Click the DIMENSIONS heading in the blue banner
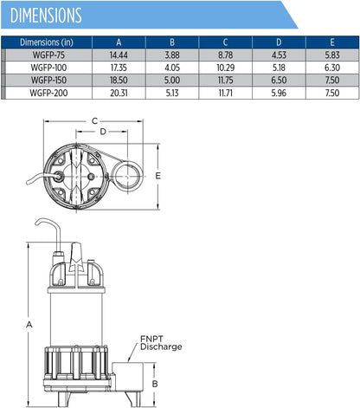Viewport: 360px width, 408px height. (x=46, y=16)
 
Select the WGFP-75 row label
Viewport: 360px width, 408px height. (x=48, y=55)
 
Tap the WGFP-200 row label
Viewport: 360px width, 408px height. (x=48, y=93)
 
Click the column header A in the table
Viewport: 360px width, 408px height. (x=119, y=42)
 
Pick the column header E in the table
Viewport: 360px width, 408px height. (x=332, y=42)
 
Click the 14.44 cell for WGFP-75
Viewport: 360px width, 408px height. (x=119, y=55)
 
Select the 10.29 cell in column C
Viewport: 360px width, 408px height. (x=226, y=68)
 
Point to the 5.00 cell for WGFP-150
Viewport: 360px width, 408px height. (x=172, y=81)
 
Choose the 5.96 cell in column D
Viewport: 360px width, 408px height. (x=279, y=93)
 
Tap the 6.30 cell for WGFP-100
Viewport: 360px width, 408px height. (x=332, y=68)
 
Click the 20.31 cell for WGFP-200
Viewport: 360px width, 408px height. (x=119, y=93)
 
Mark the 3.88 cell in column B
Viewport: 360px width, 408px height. (x=172, y=55)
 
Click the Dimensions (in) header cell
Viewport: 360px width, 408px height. (x=47, y=42)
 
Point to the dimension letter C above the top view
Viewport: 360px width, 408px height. (x=94, y=121)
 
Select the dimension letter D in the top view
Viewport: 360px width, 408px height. (x=103, y=132)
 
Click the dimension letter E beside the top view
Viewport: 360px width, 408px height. (x=157, y=176)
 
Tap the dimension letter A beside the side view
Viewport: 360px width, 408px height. (x=29, y=325)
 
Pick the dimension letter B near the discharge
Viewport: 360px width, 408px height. (x=155, y=384)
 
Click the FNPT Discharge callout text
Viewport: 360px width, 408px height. (x=161, y=343)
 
